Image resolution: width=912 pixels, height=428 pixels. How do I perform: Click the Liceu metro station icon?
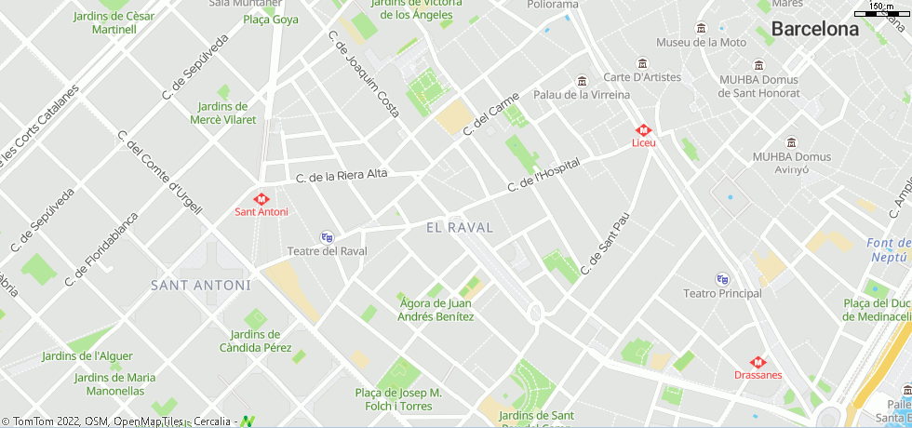(643, 130)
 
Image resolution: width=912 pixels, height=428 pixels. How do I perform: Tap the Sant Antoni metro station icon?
(262, 198)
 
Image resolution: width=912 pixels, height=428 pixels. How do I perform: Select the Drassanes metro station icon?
(758, 362)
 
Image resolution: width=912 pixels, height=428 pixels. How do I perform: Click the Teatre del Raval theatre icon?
(327, 237)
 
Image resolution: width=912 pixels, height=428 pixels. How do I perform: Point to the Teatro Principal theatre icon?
(722, 279)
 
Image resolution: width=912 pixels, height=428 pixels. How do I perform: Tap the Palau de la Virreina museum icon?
(583, 81)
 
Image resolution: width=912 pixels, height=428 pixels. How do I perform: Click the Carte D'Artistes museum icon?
(642, 63)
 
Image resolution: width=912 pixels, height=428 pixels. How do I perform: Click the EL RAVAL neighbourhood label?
(460, 227)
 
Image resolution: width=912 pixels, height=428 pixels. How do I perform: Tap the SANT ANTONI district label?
(201, 285)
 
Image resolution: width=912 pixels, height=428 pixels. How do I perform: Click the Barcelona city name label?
(815, 29)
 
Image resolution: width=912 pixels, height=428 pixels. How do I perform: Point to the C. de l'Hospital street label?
(543, 175)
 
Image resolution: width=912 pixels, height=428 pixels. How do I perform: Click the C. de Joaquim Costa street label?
(364, 74)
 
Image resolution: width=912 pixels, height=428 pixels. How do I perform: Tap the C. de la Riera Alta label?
(342, 175)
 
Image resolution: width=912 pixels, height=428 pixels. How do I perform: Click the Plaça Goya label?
(271, 20)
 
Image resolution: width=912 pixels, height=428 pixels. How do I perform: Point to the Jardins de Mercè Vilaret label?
(223, 113)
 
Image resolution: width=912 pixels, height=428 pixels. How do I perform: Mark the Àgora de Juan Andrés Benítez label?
(436, 310)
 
